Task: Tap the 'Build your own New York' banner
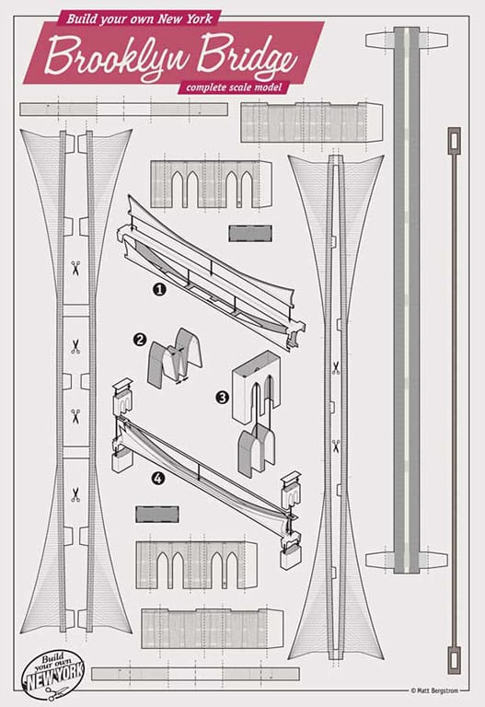click(139, 19)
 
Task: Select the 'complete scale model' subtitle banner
click(234, 87)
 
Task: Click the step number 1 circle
click(159, 289)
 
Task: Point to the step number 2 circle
click(140, 340)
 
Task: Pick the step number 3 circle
click(223, 398)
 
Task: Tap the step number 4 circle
click(157, 478)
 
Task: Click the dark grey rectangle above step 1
click(250, 234)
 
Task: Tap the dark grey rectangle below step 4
click(157, 514)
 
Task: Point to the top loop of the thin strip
click(454, 141)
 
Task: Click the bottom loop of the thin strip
click(454, 659)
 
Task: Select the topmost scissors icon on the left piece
click(75, 268)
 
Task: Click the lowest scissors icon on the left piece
click(75, 494)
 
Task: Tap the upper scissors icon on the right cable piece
click(336, 368)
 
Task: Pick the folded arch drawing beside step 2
click(175, 357)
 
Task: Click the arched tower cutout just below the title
click(211, 184)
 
